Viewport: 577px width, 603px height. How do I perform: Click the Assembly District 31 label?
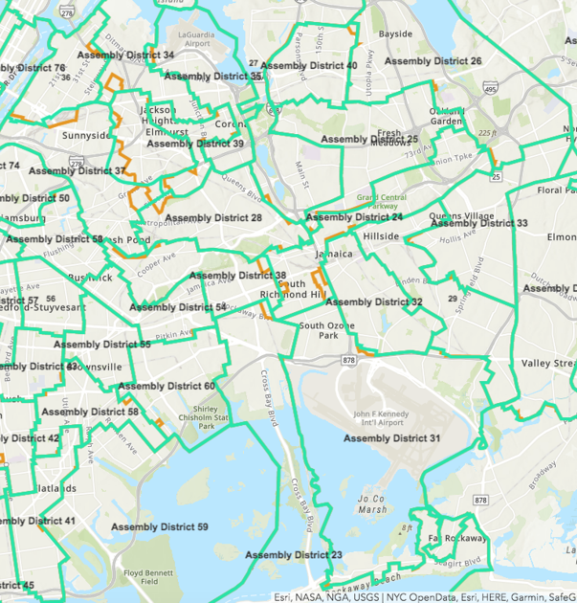click(x=391, y=438)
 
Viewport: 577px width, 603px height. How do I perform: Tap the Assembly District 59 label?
click(x=159, y=527)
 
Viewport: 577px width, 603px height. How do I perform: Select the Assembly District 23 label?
click(x=294, y=555)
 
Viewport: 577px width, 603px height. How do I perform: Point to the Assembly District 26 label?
click(x=433, y=60)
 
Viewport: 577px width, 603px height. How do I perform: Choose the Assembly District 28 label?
click(x=213, y=218)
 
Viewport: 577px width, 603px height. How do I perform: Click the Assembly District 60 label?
click(x=166, y=387)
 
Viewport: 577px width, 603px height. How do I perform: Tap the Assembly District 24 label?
click(x=354, y=217)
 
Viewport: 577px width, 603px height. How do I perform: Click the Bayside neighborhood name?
click(x=395, y=33)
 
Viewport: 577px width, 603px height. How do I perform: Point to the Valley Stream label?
click(x=548, y=364)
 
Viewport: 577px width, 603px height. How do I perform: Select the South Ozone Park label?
click(x=327, y=331)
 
